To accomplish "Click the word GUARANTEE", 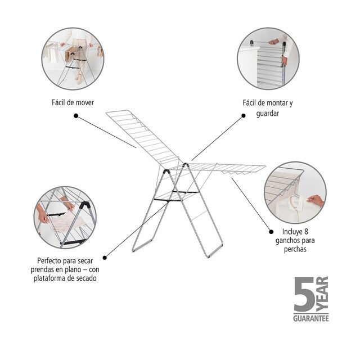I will click(x=310, y=318).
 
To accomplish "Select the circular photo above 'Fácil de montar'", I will click(x=268, y=58).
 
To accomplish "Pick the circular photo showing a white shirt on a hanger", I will click(x=295, y=193).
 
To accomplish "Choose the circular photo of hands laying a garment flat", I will click(x=65, y=217).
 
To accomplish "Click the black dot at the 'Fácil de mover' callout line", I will click(x=76, y=116).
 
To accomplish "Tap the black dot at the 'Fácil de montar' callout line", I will click(x=244, y=116).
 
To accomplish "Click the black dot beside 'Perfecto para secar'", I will click(x=105, y=258).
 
